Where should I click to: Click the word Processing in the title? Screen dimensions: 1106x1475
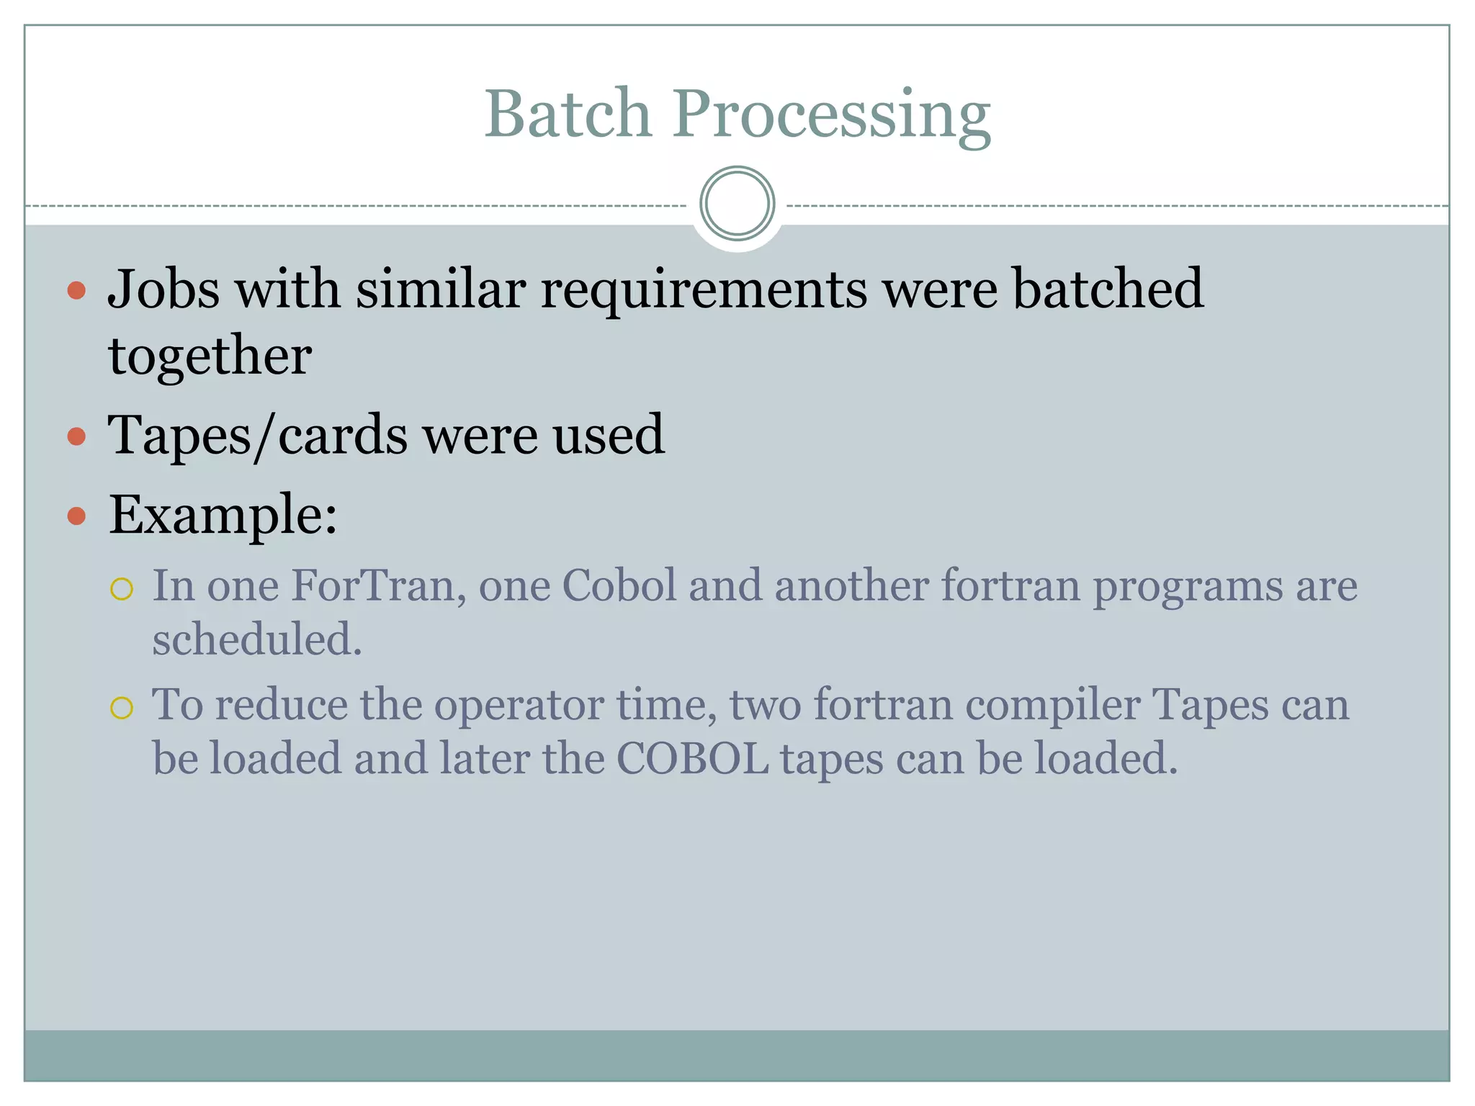(x=831, y=115)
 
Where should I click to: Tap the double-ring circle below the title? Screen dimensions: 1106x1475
(x=737, y=204)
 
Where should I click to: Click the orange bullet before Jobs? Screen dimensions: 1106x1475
(x=76, y=291)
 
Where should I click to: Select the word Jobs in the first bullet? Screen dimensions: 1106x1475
(x=163, y=289)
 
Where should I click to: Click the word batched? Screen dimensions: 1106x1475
(x=1108, y=289)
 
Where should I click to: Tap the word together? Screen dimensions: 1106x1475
(x=210, y=356)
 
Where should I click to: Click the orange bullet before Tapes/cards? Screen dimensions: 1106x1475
(x=76, y=437)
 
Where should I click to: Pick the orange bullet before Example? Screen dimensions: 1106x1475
(x=76, y=516)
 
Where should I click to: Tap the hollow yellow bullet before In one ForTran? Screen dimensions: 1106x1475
(x=122, y=590)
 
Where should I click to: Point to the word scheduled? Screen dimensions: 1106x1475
(x=256, y=640)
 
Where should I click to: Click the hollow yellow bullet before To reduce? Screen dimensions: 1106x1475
(x=122, y=708)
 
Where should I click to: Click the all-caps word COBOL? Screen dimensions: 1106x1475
(x=692, y=759)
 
